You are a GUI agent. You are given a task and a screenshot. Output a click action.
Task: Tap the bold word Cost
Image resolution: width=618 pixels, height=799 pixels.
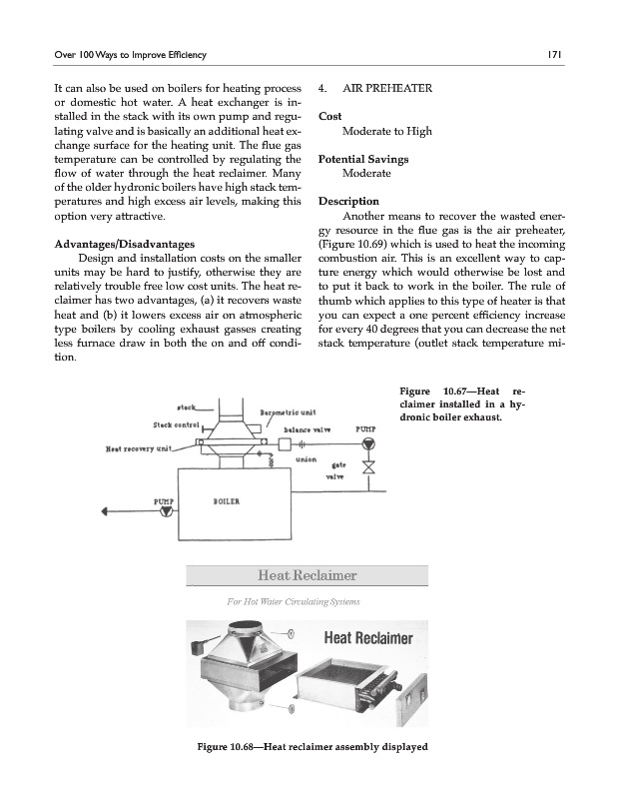coord(329,117)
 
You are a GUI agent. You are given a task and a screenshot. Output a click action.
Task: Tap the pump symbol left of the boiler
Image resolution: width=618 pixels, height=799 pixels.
coord(166,512)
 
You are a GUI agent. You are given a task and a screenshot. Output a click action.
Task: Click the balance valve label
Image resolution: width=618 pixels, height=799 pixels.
coord(309,429)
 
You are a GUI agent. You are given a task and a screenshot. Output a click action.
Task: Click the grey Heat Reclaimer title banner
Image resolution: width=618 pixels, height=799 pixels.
coord(308,575)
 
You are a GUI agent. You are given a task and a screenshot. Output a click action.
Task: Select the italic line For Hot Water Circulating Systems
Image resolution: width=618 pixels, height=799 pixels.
coord(287,601)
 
